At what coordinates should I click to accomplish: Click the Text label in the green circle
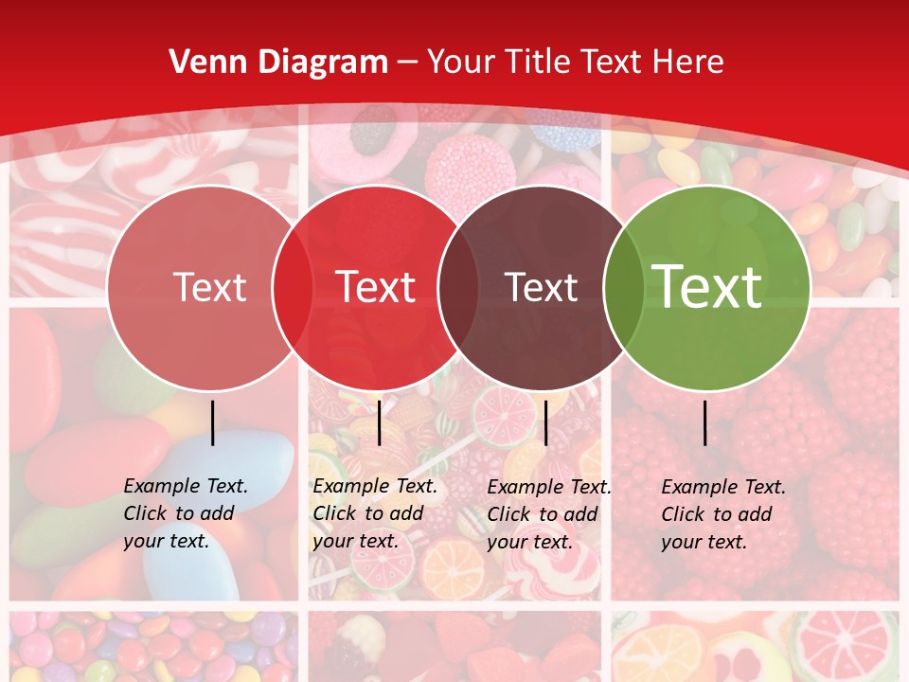click(x=707, y=287)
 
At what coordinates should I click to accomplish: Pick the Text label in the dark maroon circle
click(x=541, y=288)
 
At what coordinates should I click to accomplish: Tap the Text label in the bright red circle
click(x=376, y=287)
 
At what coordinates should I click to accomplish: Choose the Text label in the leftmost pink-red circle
click(x=209, y=288)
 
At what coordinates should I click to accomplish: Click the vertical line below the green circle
click(x=705, y=422)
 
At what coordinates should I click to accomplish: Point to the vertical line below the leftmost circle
click(x=213, y=422)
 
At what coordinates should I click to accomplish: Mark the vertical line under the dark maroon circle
click(x=546, y=422)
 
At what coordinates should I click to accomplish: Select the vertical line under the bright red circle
click(x=380, y=422)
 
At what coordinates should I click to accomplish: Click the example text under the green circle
click(x=722, y=514)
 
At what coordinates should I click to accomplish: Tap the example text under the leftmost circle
click(x=185, y=513)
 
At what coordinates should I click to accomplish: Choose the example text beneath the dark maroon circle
click(x=548, y=514)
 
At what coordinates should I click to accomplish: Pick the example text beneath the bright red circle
click(x=374, y=513)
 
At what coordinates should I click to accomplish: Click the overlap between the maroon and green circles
click(x=621, y=288)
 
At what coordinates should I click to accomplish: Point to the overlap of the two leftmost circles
click(x=292, y=288)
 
